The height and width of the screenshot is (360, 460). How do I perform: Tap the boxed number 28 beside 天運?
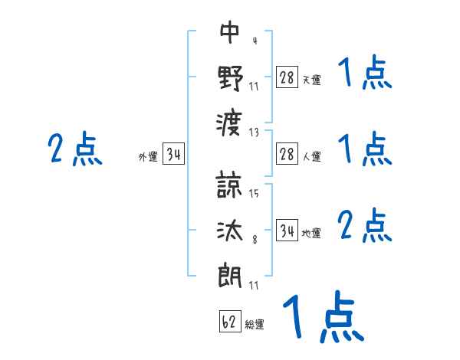[x=287, y=77]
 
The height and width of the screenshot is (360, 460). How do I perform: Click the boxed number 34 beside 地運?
[x=287, y=231]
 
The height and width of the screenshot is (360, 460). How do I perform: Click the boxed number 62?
[x=229, y=322]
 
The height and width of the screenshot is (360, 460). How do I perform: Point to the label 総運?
[x=255, y=325]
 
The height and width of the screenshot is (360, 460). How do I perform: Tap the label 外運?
[x=148, y=157]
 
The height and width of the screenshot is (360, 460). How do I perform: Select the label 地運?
[x=311, y=234]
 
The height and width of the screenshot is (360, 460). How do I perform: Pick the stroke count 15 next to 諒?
[x=255, y=195]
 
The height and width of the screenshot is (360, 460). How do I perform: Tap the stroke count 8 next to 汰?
[x=255, y=240]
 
